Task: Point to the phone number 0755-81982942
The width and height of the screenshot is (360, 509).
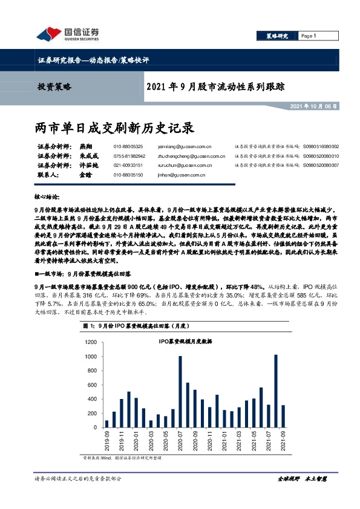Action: pos(128,155)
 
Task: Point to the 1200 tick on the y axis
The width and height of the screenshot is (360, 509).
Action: pos(91,342)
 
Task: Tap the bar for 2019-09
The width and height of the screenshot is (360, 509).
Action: pos(107,424)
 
